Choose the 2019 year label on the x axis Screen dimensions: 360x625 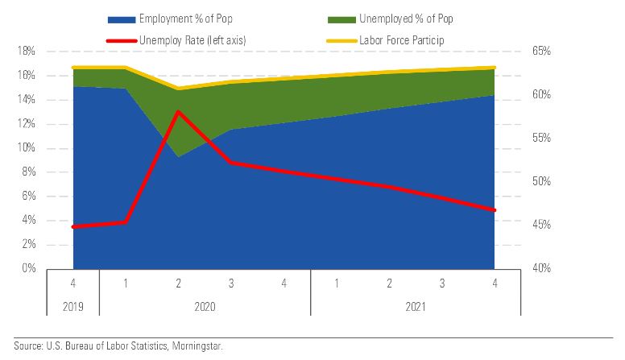coord(73,306)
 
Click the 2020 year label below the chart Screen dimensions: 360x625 coord(205,306)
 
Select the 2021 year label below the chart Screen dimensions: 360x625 coord(416,306)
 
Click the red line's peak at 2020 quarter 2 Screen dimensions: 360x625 coord(178,111)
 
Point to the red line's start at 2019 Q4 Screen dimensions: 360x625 coord(73,226)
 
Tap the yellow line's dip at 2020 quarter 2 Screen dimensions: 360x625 coord(178,89)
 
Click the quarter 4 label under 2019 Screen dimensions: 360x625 coord(73,283)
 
